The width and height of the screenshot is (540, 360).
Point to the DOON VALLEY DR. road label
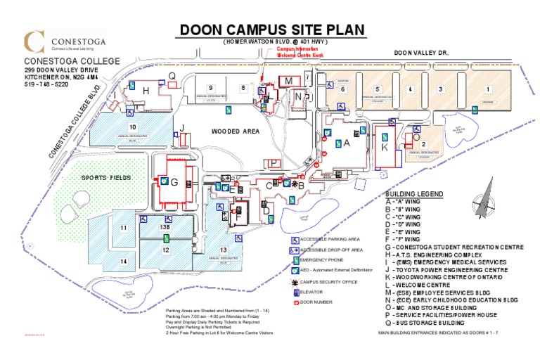pos(421,52)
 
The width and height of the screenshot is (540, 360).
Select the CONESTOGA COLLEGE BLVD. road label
pos(75,120)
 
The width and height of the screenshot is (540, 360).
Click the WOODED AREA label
pos(236,131)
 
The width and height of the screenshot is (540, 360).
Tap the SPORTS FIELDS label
pos(105,178)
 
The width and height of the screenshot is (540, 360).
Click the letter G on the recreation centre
pos(174,182)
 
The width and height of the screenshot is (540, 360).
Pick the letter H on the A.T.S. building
pos(146,91)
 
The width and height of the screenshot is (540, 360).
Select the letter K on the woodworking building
pos(385,148)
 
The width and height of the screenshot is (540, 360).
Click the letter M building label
pos(288,82)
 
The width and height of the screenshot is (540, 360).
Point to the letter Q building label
pos(172,76)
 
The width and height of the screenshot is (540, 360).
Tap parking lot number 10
pos(131,126)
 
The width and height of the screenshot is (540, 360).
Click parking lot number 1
pos(487,89)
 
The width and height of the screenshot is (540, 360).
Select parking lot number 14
pos(123,262)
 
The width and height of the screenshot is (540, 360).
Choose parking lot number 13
pos(224,250)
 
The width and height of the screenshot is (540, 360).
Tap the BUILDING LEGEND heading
pos(413,193)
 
